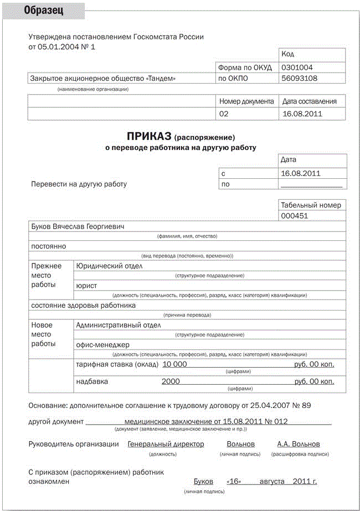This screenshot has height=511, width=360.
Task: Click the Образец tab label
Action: point(43,11)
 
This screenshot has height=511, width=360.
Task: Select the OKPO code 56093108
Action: point(299,78)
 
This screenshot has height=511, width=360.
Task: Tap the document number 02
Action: point(224,114)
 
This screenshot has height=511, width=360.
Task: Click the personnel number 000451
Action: point(295,216)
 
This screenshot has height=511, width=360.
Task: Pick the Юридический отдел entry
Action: point(109,266)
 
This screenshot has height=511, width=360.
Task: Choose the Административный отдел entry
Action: point(118,325)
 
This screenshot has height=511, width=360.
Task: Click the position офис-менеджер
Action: point(102,344)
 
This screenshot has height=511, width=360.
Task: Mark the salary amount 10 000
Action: point(175,364)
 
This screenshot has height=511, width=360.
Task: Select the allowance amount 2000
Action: point(171,381)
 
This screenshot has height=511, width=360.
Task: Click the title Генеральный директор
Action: point(166,444)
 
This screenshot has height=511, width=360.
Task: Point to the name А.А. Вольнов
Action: point(299,444)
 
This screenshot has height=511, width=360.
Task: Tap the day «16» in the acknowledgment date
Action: point(234,482)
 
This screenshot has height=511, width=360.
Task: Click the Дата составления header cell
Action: point(310,101)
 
